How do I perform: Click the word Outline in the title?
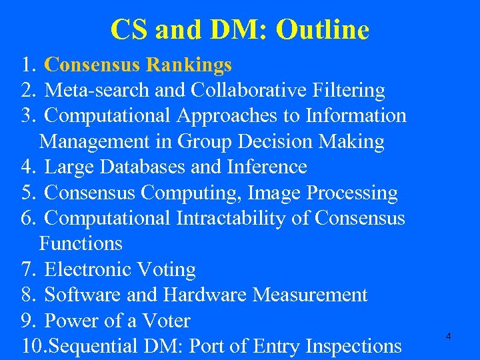[x=322, y=30]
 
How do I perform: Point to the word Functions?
[x=81, y=244]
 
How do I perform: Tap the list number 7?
[x=27, y=270]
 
